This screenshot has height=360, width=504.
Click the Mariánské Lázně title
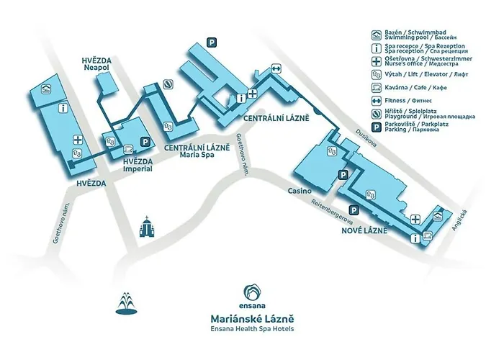point(251,317)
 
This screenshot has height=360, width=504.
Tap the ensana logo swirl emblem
point(252,292)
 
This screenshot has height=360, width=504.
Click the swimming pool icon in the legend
point(376,35)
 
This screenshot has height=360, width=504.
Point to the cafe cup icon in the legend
point(376,87)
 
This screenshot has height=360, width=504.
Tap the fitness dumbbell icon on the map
point(276,69)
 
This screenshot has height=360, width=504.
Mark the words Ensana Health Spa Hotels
point(251,329)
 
